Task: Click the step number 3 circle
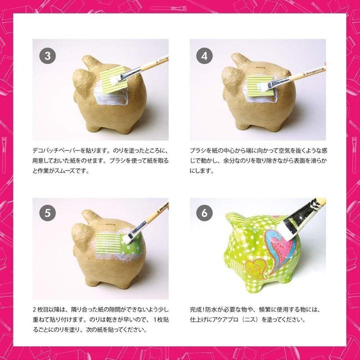point(48,56)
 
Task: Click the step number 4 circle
point(204,56)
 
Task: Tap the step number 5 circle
point(48,213)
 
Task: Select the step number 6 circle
point(204,213)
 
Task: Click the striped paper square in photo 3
point(113,80)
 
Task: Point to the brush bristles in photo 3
point(114,80)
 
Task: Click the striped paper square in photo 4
point(260,86)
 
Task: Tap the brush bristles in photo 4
point(262,86)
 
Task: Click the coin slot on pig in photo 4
point(261,68)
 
